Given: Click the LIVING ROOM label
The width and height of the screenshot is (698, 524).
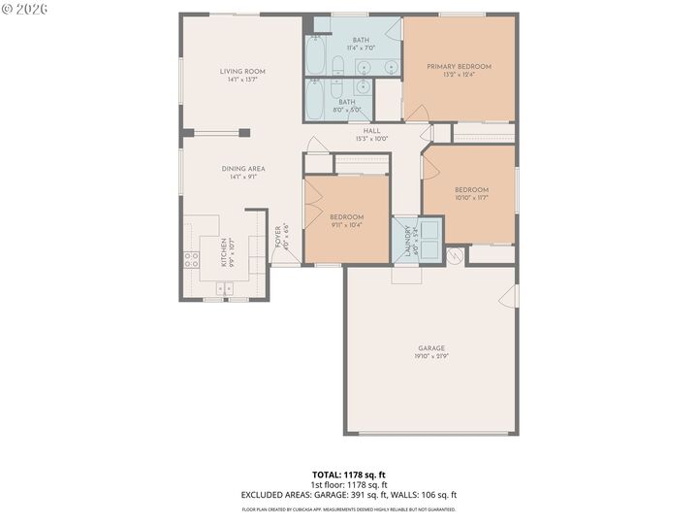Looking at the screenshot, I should [242, 71].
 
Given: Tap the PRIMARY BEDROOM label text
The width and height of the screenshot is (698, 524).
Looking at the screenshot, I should [460, 66].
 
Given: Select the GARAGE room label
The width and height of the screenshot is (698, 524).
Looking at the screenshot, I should [431, 348].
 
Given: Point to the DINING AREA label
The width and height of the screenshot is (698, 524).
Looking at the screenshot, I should [242, 168].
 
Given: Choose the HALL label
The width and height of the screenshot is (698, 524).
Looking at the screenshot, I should [371, 130].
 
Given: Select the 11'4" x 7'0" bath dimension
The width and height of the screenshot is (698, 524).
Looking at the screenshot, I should [361, 48].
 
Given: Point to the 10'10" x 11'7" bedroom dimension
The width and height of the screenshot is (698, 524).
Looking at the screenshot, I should [471, 198].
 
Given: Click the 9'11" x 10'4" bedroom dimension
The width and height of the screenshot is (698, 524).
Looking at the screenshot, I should [346, 225].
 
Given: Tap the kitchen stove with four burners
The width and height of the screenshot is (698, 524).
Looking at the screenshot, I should [192, 259].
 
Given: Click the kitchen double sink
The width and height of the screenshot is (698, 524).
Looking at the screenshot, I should [226, 287].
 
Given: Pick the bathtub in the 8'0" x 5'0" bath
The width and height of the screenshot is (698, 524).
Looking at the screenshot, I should [316, 100].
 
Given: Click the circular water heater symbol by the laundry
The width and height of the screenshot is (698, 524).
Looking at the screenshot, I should [450, 256].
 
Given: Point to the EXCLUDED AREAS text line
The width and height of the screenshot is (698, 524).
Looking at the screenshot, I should [349, 495].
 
